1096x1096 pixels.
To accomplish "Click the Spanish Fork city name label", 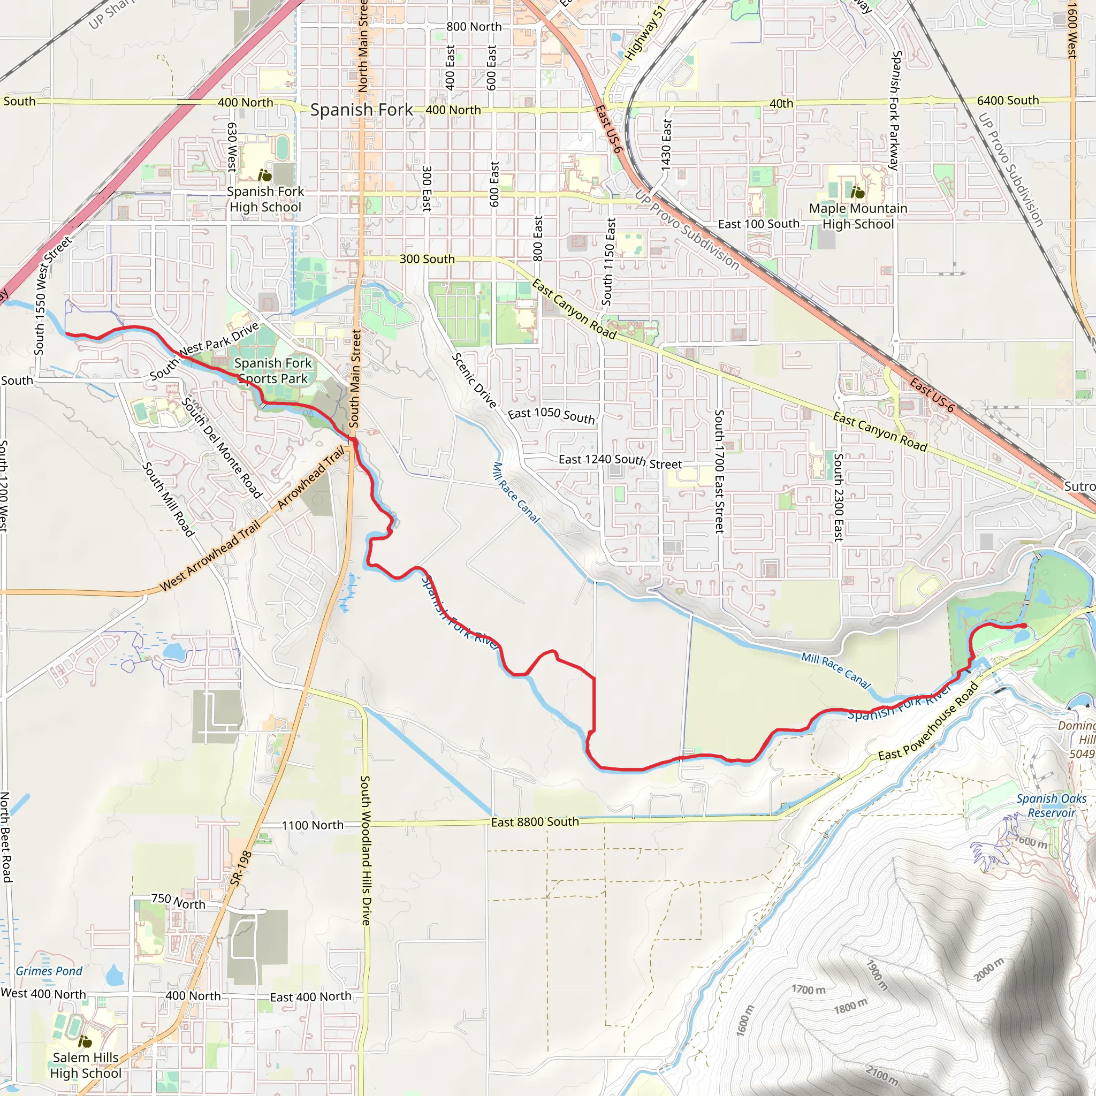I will point(361,110).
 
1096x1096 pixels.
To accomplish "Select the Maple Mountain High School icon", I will point(858,193).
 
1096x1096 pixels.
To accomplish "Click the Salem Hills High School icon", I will point(85,1041).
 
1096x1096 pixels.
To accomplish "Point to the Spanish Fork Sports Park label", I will point(273,370).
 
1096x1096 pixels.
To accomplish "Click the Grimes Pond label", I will point(49,971).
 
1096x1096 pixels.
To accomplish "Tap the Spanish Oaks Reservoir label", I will point(1051,805).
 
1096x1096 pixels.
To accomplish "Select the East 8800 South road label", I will point(535,822).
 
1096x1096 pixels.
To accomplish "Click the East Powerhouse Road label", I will point(928,721).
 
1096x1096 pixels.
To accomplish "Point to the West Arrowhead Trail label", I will point(210,556).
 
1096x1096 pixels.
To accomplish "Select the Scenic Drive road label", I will point(474,380).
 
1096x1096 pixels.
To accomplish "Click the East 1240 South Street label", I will point(620,461).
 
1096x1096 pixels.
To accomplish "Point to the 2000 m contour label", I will point(989,970).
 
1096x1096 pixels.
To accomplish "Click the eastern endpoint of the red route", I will point(1024,626).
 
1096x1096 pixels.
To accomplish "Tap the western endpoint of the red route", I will point(67,333).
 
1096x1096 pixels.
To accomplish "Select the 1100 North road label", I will point(313,825).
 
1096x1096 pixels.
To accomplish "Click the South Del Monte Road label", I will point(222,448).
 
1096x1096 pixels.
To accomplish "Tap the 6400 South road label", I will point(1008,101).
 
